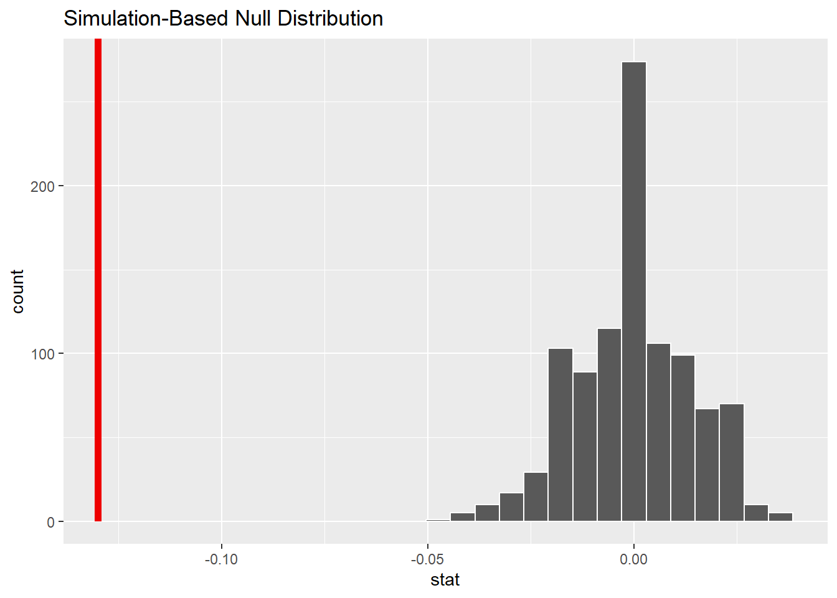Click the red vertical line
tap(98, 280)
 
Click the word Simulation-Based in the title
tap(147, 19)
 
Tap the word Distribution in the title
tap(330, 19)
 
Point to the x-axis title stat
tap(445, 580)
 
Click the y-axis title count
tap(17, 292)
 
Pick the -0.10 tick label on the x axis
tap(221, 559)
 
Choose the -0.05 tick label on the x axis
tap(427, 559)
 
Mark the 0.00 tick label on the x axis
tap(634, 559)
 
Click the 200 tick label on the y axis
tap(42, 186)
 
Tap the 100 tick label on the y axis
tap(42, 354)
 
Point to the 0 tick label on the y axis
tap(50, 522)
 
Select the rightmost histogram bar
tap(781, 517)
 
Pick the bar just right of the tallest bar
tap(658, 432)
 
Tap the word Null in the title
tap(253, 19)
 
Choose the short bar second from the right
tap(756, 513)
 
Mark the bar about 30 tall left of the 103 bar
tap(536, 497)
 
